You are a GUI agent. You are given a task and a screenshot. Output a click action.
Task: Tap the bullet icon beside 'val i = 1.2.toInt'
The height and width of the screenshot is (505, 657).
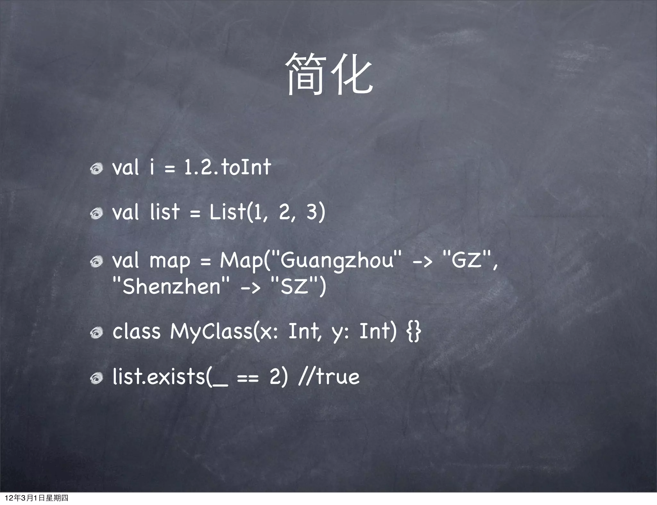[96, 169]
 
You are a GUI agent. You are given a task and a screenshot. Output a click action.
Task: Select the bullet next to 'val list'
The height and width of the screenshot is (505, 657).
[96, 213]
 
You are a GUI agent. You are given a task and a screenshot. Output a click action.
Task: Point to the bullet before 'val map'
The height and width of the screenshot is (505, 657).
[96, 262]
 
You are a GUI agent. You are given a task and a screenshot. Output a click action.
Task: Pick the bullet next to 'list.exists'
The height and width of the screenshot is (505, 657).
[96, 378]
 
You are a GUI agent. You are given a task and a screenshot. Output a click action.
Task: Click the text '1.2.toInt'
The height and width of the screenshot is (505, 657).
[227, 167]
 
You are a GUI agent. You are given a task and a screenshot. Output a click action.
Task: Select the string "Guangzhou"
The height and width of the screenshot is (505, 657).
[337, 260]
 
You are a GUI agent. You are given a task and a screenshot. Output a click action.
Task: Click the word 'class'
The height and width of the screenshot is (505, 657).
[136, 331]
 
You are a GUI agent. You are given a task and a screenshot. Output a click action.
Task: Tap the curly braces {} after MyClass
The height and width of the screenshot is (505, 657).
[414, 331]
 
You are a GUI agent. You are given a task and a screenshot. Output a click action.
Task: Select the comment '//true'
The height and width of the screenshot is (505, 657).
[329, 377]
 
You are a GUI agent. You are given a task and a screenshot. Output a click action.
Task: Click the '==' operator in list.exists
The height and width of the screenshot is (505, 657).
[247, 378]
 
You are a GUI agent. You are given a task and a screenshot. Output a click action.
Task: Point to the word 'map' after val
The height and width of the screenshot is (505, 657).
[170, 261]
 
